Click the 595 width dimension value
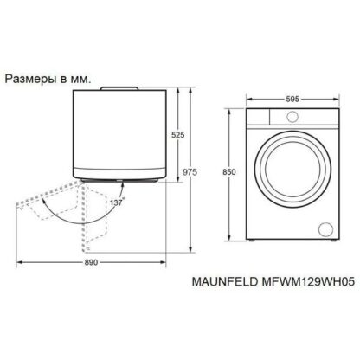[292, 100]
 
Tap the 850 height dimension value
[229, 172]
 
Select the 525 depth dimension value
[178, 135]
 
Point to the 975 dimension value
[190, 172]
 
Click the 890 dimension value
[91, 262]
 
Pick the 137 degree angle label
[117, 202]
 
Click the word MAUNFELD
[225, 281]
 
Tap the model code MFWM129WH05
[308, 281]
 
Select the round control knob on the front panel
[292, 116]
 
